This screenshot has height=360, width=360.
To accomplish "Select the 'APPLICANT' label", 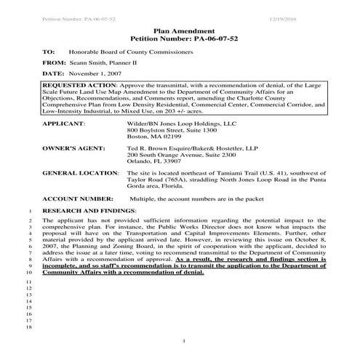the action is (63, 124).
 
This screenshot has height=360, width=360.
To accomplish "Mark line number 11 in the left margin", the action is (29, 281).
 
